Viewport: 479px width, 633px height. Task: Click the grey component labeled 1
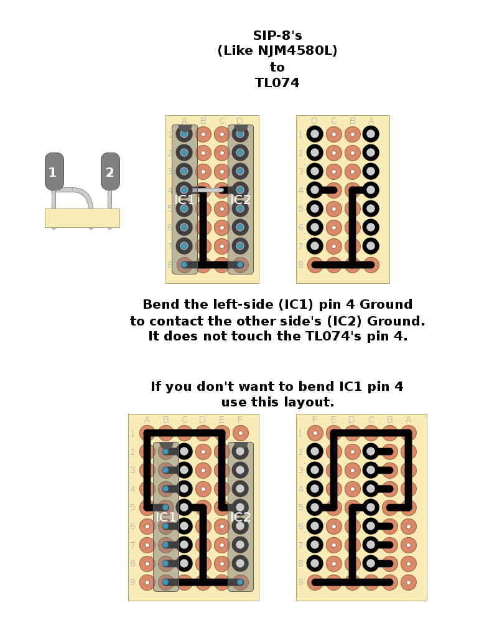(x=54, y=171)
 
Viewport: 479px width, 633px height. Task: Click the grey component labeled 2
(x=110, y=171)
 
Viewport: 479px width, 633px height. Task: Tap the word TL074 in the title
(x=277, y=83)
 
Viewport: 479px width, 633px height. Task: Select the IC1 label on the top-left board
(x=184, y=200)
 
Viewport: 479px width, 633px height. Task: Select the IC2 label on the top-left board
(x=240, y=200)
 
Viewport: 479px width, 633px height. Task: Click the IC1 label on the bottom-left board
(x=165, y=517)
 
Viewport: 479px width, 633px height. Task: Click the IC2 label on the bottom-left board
(x=240, y=517)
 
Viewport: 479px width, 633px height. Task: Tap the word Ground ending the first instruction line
(x=386, y=304)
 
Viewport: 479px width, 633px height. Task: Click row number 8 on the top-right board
(x=300, y=265)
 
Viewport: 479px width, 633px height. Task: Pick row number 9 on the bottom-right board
(x=300, y=583)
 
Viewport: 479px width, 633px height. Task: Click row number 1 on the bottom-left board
(x=133, y=433)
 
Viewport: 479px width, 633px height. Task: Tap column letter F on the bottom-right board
(x=315, y=420)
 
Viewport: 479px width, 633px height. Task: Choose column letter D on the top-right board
(x=314, y=121)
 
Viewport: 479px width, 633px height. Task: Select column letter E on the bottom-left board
(x=221, y=420)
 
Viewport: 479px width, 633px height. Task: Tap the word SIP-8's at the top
(x=277, y=36)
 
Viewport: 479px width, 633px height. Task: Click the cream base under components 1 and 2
(x=82, y=218)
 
